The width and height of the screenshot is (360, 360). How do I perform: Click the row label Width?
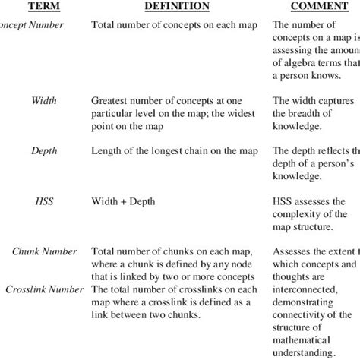click(x=44, y=100)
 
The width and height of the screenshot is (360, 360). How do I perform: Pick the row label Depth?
click(x=44, y=152)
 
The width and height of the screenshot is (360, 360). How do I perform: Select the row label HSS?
click(x=43, y=204)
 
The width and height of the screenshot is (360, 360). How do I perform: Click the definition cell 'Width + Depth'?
click(x=126, y=204)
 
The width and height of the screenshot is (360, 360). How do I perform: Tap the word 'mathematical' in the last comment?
click(x=306, y=338)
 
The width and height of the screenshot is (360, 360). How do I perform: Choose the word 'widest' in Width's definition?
click(x=241, y=112)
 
